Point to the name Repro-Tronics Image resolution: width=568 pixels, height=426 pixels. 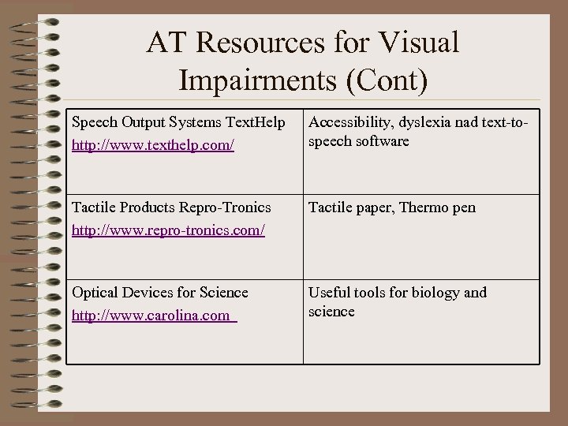[225, 207]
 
